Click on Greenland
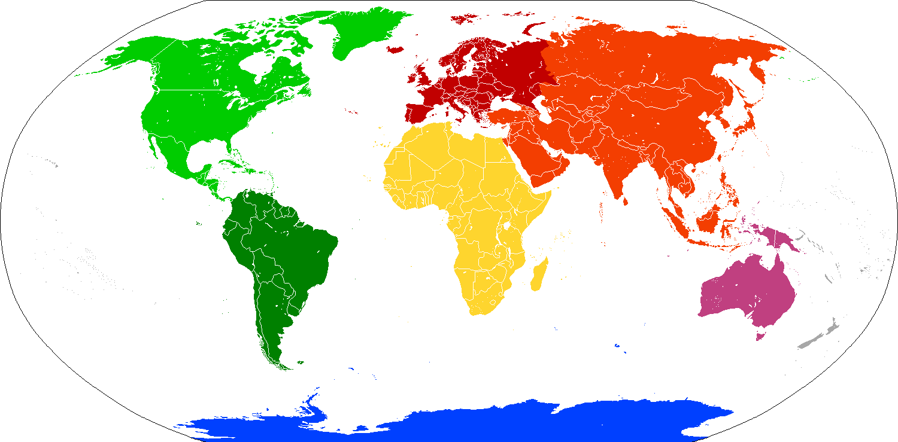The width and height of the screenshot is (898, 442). [359, 30]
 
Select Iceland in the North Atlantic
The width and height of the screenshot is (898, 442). [396, 50]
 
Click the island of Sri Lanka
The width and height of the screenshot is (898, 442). [625, 201]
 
